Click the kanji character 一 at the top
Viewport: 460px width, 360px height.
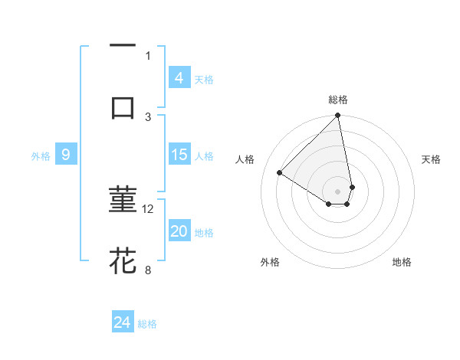pyautogui.click(x=123, y=46)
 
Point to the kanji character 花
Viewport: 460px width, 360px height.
pyautogui.click(x=123, y=260)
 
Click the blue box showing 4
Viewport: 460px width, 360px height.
pyautogui.click(x=179, y=77)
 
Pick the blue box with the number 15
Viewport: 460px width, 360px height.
pyautogui.click(x=179, y=155)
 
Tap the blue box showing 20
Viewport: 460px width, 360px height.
pyautogui.click(x=179, y=231)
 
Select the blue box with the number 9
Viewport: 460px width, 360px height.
pyautogui.click(x=66, y=155)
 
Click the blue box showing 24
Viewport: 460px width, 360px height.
pyautogui.click(x=123, y=322)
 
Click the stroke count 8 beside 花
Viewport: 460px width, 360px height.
pyautogui.click(x=148, y=269)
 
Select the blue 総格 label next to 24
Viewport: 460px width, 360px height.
pyautogui.click(x=147, y=324)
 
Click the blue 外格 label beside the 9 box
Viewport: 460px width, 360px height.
pyautogui.click(x=41, y=156)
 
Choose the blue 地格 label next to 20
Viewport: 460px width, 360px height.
pyautogui.click(x=204, y=233)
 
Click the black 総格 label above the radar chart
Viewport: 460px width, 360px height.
pyautogui.click(x=338, y=100)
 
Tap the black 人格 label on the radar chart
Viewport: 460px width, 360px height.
pyautogui.click(x=245, y=159)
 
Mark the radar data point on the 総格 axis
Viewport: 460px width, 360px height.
pyautogui.click(x=338, y=116)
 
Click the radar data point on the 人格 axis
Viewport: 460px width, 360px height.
pyautogui.click(x=280, y=173)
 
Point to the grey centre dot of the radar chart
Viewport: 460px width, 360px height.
pyautogui.click(x=338, y=191)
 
